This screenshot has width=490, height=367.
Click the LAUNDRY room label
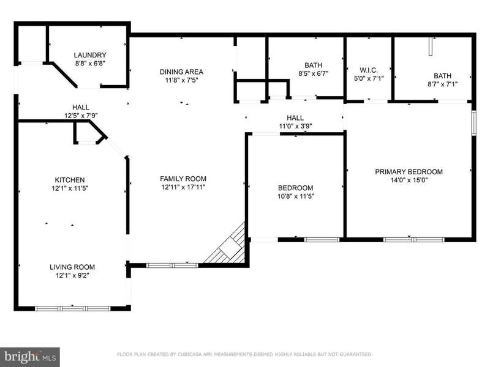pyautogui.click(x=90, y=55)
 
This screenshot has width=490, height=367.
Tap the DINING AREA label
pyautogui.click(x=181, y=72)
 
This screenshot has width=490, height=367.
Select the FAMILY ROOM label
pyautogui.click(x=183, y=179)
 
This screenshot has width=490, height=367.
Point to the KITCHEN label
pyautogui.click(x=70, y=180)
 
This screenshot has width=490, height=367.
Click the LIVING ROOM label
pyautogui.click(x=72, y=267)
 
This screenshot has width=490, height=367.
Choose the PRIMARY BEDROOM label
pyautogui.click(x=409, y=172)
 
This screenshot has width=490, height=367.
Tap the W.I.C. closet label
pyautogui.click(x=369, y=70)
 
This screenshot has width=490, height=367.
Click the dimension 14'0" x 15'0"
pyautogui.click(x=409, y=180)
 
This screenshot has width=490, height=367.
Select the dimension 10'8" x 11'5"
pyautogui.click(x=296, y=196)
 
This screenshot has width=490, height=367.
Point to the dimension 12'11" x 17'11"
pyautogui.click(x=183, y=187)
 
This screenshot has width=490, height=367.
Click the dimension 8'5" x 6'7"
pyautogui.click(x=313, y=73)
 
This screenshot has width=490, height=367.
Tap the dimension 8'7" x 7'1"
pyautogui.click(x=442, y=84)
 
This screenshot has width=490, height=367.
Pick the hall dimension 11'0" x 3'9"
pyautogui.click(x=295, y=127)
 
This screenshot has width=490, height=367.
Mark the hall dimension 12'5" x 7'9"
pyautogui.click(x=81, y=116)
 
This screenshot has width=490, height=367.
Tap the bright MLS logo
pyautogui.click(x=29, y=357)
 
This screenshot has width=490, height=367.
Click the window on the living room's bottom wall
pyautogui.click(x=72, y=309)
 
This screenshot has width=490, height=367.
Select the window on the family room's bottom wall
pyautogui.click(x=172, y=265)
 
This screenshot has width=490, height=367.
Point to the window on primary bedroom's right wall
pyautogui.click(x=473, y=123)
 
